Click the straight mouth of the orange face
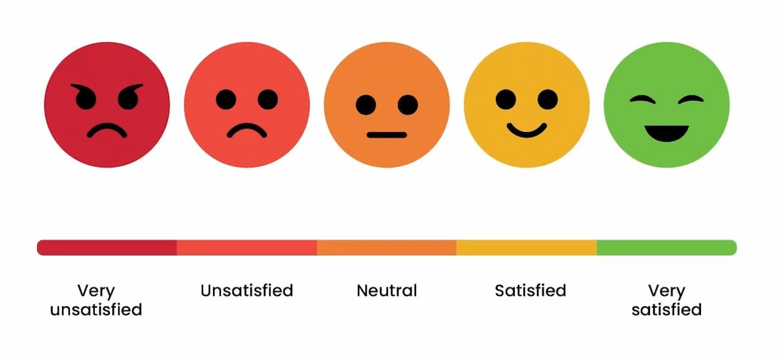tap(387, 135)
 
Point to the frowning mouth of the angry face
tap(107, 131)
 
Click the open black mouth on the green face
tap(666, 133)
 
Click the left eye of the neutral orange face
tap(366, 105)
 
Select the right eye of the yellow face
tap(548, 99)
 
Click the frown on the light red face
tap(247, 130)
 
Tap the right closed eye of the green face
tap(691, 100)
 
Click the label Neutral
tap(387, 290)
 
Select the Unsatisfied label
tap(247, 290)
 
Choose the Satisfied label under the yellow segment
tap(531, 290)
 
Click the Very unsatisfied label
tap(96, 300)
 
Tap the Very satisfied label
tap(666, 300)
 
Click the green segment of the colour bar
tap(666, 248)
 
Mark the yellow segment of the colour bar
tap(527, 248)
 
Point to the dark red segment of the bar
tap(107, 248)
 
